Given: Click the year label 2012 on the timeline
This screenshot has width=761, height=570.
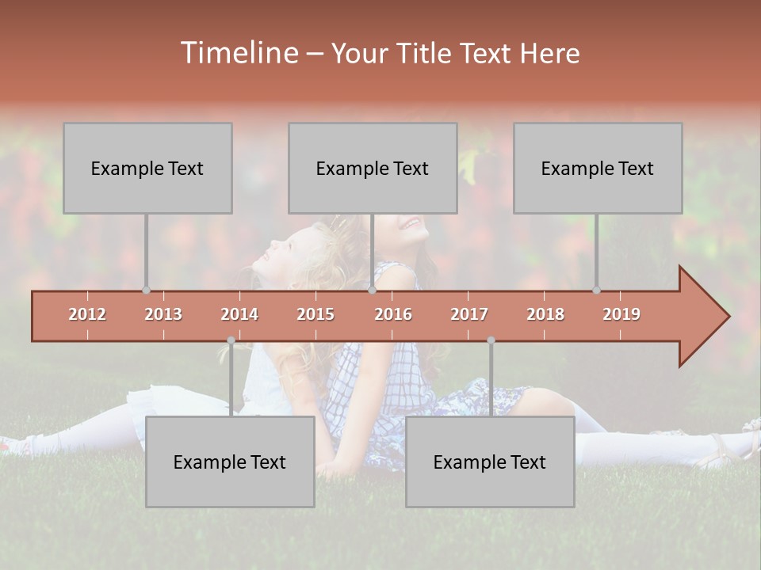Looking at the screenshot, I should point(87,314).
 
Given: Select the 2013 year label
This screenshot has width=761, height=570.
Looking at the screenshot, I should point(163,314).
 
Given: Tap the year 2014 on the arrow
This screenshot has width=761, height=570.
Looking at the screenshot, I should point(239,314).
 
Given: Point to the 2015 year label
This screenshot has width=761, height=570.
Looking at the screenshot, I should point(315,314).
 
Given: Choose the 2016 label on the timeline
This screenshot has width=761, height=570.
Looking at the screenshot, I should point(393,314).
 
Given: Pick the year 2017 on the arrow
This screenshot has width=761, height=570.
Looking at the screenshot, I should point(469,314).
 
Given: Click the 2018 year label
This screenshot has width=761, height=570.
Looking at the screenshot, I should point(545,314).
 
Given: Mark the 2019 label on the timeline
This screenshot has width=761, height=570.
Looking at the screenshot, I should point(621,314).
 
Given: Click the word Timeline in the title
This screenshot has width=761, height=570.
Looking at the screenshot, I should point(238,53).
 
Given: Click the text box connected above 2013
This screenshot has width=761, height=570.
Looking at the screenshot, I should point(147,168).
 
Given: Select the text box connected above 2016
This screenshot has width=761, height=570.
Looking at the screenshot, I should point(373,168).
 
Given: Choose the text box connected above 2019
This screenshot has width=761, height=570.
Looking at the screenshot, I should point(598,168).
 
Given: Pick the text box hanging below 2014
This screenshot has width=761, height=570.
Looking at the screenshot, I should point(230,462).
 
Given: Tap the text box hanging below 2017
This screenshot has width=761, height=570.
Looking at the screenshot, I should point(490,462).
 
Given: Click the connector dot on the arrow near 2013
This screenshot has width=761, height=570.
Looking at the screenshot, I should point(146,290).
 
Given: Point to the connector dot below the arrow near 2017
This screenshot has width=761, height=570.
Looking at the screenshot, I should point(491,340).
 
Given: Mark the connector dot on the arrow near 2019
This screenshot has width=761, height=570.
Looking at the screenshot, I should point(596,290).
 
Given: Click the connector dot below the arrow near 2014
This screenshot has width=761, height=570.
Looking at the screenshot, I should point(231,340).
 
